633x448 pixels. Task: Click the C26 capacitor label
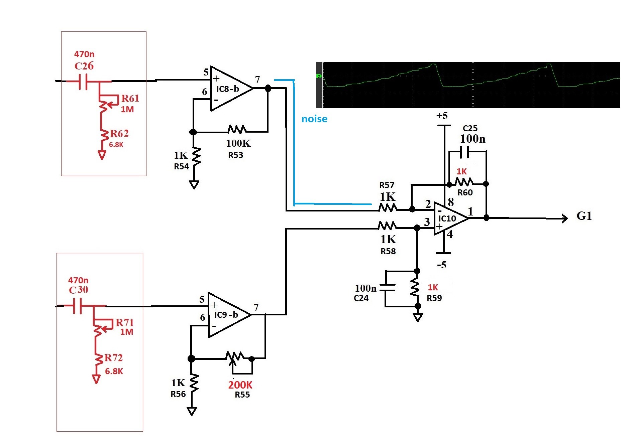pos(84,66)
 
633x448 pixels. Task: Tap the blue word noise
pos(314,119)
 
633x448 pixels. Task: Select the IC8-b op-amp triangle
pos(231,89)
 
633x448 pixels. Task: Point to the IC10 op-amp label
pos(447,218)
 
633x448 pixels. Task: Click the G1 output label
pos(584,216)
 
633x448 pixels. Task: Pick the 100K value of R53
pos(238,143)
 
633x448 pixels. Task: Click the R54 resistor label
pos(182,166)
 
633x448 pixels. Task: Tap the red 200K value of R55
pos(240,385)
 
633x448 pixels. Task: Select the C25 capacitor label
pos(470,128)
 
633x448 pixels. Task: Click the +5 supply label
pos(442,116)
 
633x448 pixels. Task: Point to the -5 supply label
pos(441,265)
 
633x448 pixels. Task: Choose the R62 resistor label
pos(119,134)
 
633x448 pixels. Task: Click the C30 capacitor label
pos(79,290)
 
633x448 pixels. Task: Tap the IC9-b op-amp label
pos(226,315)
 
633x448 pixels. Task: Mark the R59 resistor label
pos(434,298)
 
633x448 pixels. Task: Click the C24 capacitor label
pos(361,298)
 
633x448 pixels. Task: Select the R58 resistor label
pos(388,251)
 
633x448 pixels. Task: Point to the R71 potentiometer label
pos(125,322)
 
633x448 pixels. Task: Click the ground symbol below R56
pos(192,411)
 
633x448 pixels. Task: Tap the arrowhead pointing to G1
pos(565,218)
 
